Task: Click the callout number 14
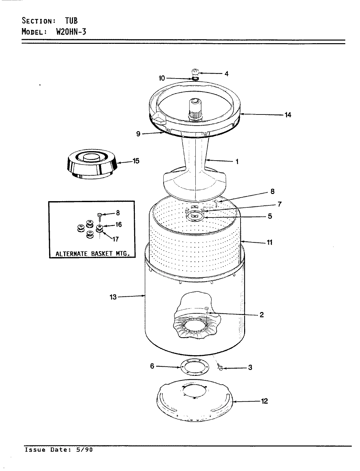[288, 115]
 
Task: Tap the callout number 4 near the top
[226, 74]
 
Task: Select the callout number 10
[162, 78]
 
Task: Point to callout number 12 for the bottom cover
[264, 401]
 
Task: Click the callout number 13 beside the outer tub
[113, 297]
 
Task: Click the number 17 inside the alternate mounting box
[115, 239]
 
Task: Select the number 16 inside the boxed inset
[118, 224]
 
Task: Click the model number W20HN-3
[69, 32]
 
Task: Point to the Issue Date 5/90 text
[59, 450]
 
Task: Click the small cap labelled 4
[195, 72]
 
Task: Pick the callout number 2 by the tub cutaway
[261, 315]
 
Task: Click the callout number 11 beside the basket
[269, 242]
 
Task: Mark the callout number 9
[138, 134]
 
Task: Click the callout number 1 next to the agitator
[237, 161]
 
